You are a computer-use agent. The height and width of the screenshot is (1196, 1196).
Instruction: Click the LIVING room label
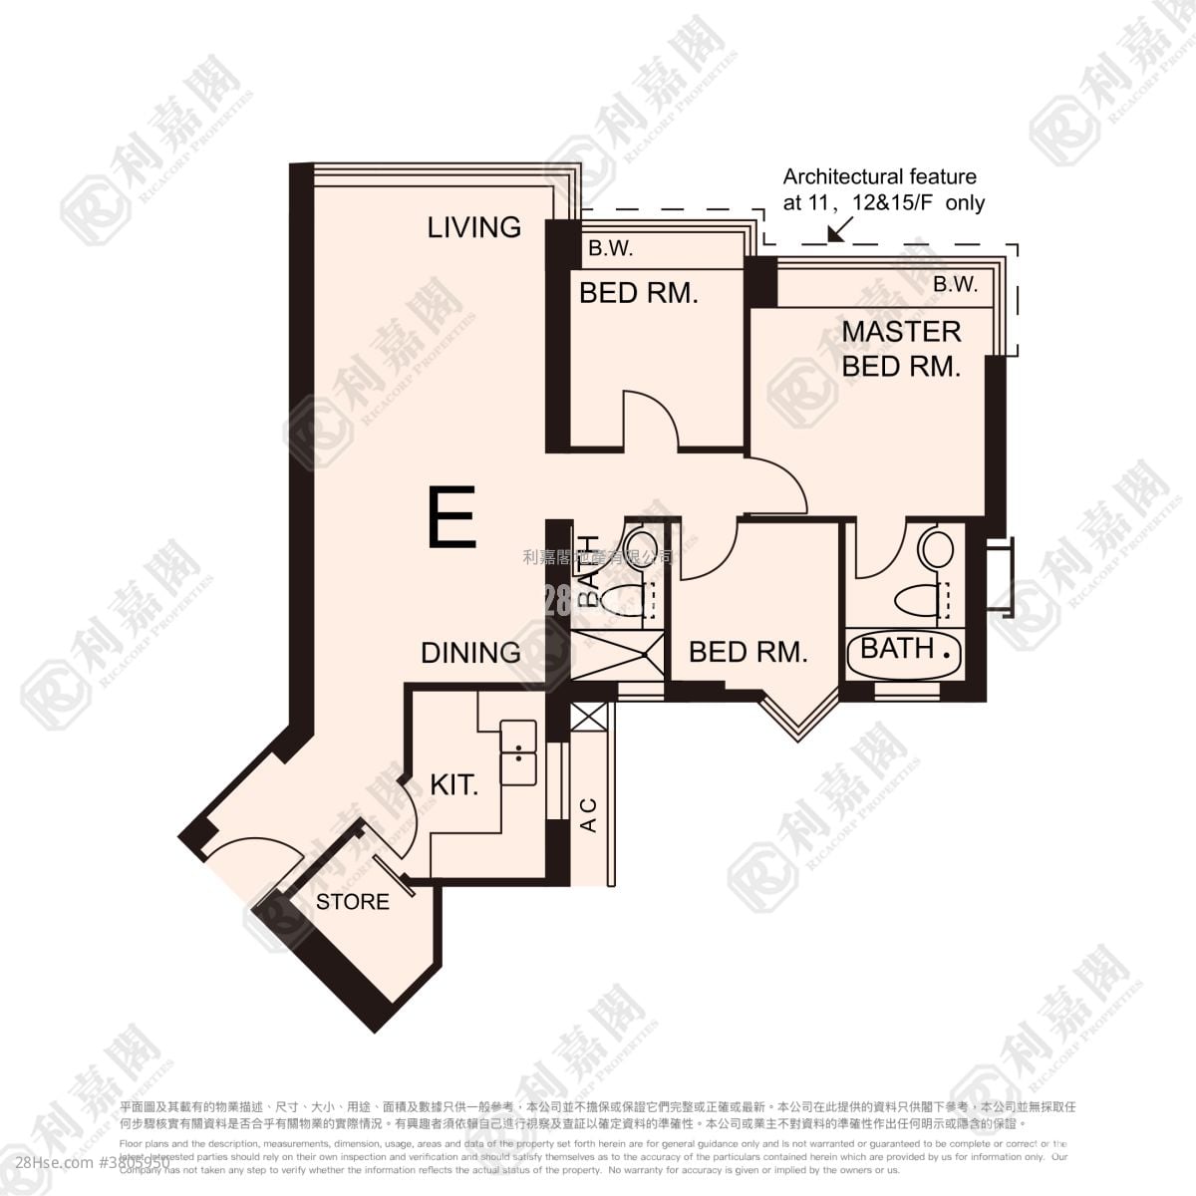[x=474, y=227]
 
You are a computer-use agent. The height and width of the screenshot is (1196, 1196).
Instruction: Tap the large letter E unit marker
[x=451, y=517]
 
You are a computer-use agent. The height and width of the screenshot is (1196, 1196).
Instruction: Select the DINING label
[x=470, y=653]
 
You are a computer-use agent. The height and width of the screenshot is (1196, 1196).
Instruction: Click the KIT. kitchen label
[x=454, y=784]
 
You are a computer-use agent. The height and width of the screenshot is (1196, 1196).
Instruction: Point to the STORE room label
[x=353, y=902]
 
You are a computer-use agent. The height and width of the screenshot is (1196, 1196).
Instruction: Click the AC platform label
[x=588, y=815]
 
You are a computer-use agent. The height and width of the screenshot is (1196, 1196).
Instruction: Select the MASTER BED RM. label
[x=901, y=348]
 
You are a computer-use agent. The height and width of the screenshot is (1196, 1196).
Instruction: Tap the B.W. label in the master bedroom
[x=955, y=285]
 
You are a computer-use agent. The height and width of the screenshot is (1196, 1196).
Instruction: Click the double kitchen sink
[x=517, y=751]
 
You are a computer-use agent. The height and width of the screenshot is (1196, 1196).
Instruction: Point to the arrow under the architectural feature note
[x=837, y=228]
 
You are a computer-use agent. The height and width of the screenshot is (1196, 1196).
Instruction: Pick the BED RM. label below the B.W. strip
[x=639, y=293]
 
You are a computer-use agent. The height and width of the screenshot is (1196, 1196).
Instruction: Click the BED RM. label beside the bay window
[x=747, y=652]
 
